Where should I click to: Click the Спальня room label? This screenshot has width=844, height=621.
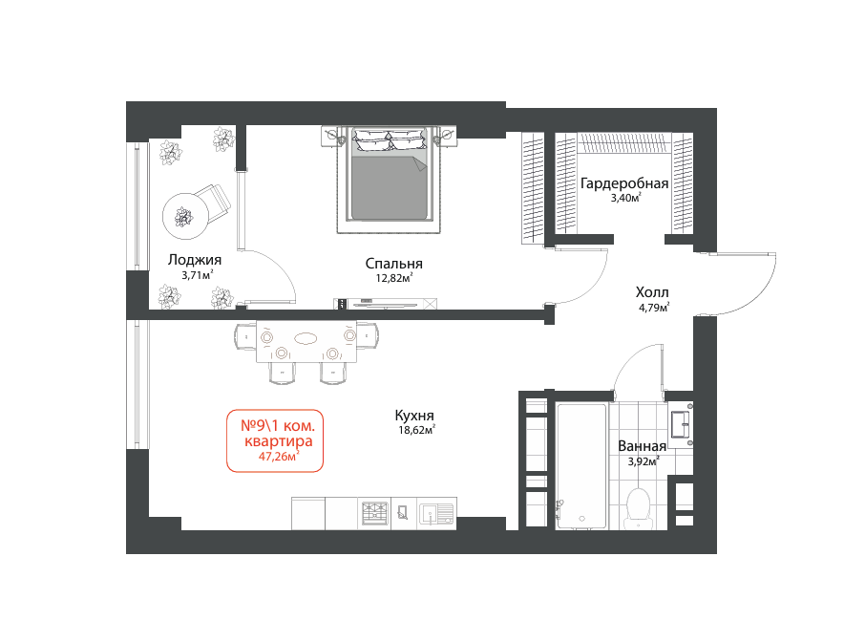click(x=393, y=264)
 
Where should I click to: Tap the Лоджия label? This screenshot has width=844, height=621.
click(x=195, y=260)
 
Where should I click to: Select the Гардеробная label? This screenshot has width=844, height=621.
click(x=624, y=183)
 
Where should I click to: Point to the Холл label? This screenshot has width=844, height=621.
click(x=652, y=292)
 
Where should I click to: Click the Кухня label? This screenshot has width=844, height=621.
click(x=414, y=416)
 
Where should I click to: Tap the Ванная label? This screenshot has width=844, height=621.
click(x=642, y=446)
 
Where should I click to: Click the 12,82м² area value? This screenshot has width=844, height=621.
click(x=394, y=278)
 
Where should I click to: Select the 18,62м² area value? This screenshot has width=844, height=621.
click(x=416, y=430)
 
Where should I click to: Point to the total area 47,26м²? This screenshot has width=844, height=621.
click(x=278, y=457)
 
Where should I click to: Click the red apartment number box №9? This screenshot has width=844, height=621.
click(x=275, y=440)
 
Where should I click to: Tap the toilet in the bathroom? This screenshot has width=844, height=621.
click(x=639, y=507)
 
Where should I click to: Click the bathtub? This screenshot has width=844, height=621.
click(x=581, y=466)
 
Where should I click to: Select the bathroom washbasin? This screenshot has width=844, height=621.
click(x=681, y=424)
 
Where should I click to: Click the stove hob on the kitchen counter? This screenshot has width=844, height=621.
click(x=374, y=513)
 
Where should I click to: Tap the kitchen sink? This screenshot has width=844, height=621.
click(x=436, y=513)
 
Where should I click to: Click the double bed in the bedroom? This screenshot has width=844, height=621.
click(x=389, y=180)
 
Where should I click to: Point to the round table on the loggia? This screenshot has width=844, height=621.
click(x=186, y=217)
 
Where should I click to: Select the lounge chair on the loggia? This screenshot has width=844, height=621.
click(x=213, y=202)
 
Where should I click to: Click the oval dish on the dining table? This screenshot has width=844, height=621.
click(x=306, y=338)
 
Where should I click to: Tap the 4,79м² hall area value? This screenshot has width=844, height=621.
click(x=654, y=308)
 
